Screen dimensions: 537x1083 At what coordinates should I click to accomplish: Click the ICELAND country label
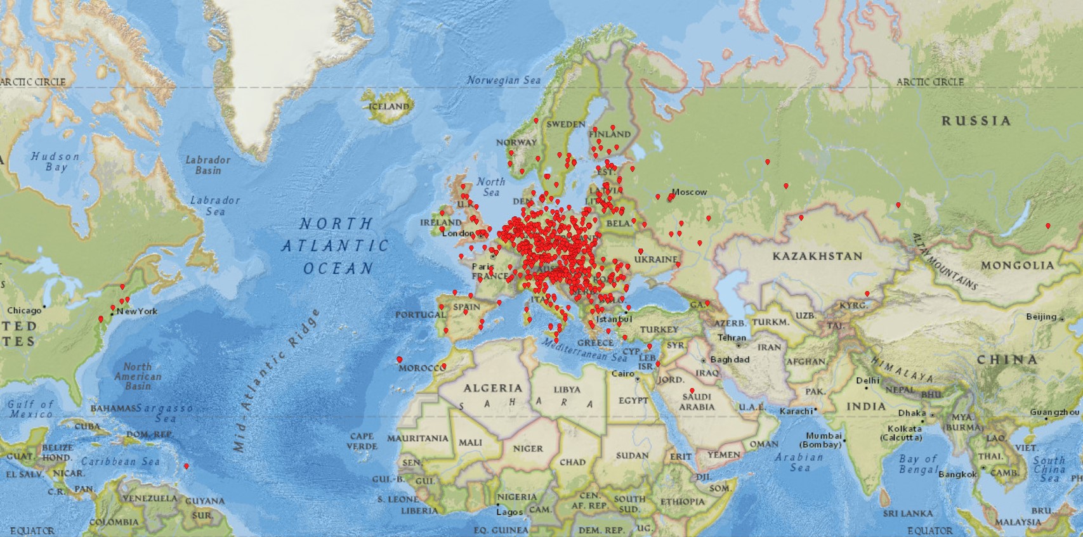point(389,107)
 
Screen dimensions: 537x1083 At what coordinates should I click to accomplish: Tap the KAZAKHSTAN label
point(817,256)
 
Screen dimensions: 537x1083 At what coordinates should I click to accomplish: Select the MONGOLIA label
point(1017,265)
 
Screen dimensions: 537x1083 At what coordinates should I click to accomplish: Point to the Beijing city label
point(1041,316)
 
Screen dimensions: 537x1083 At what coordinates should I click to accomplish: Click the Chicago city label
point(24,311)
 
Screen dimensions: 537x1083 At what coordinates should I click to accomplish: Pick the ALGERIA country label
point(492,388)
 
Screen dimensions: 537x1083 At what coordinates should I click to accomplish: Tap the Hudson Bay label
point(55,162)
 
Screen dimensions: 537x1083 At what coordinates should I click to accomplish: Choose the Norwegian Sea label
point(504,81)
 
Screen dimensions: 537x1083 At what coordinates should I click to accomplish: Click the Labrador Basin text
point(207,165)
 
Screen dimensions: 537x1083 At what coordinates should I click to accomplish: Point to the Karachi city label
point(796,411)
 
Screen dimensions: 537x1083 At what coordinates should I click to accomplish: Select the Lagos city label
point(509,512)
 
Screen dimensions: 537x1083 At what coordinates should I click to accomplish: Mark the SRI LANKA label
point(908,513)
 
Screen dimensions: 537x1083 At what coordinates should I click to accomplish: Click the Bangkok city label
point(957,474)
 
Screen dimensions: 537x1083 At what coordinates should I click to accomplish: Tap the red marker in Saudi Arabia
point(692,391)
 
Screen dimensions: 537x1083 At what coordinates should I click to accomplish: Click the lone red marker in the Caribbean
point(186,466)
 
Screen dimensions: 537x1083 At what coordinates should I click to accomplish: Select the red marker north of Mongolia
point(1047,226)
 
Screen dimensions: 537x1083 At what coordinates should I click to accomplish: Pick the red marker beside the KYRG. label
point(867,294)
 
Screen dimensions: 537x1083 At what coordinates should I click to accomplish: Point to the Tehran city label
point(732,338)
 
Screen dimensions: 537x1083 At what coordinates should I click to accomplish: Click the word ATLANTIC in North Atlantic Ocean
point(334,246)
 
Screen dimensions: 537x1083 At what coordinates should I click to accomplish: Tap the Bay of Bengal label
point(917,463)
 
